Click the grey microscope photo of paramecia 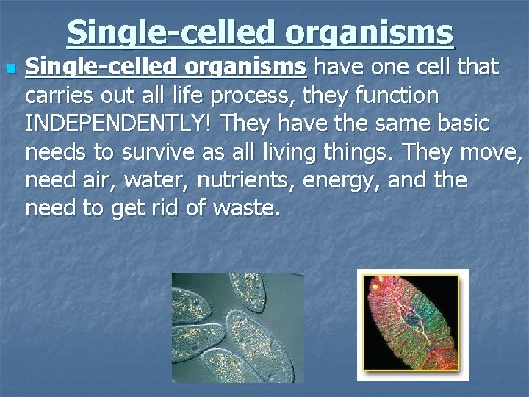pos(236,327)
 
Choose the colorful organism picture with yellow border pos(413,324)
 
